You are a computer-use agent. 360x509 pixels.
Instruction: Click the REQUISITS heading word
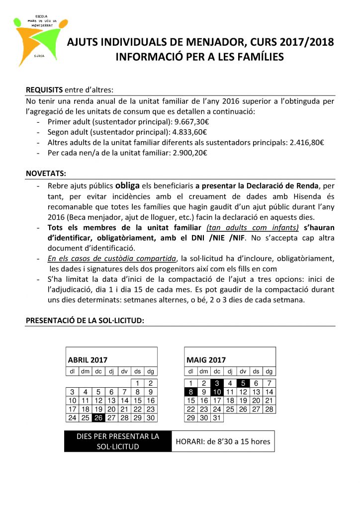44,90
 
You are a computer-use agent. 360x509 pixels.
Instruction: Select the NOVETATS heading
45,174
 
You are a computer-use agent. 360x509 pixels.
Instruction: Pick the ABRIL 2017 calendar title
88,360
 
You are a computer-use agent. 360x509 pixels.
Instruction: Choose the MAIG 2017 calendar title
206,360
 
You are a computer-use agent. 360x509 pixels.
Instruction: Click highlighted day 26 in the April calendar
98,418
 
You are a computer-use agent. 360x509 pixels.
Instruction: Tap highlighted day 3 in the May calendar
217,383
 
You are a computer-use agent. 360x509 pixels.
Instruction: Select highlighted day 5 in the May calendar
243,383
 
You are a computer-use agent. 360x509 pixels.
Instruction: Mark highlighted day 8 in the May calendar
191,392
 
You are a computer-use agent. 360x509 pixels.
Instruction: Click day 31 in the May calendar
217,418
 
